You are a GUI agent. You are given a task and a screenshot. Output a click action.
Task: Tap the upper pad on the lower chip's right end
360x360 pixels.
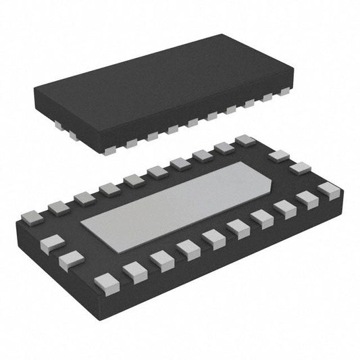point(278,157)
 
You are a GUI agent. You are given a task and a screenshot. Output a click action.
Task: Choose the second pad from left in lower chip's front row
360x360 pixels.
point(135,272)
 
